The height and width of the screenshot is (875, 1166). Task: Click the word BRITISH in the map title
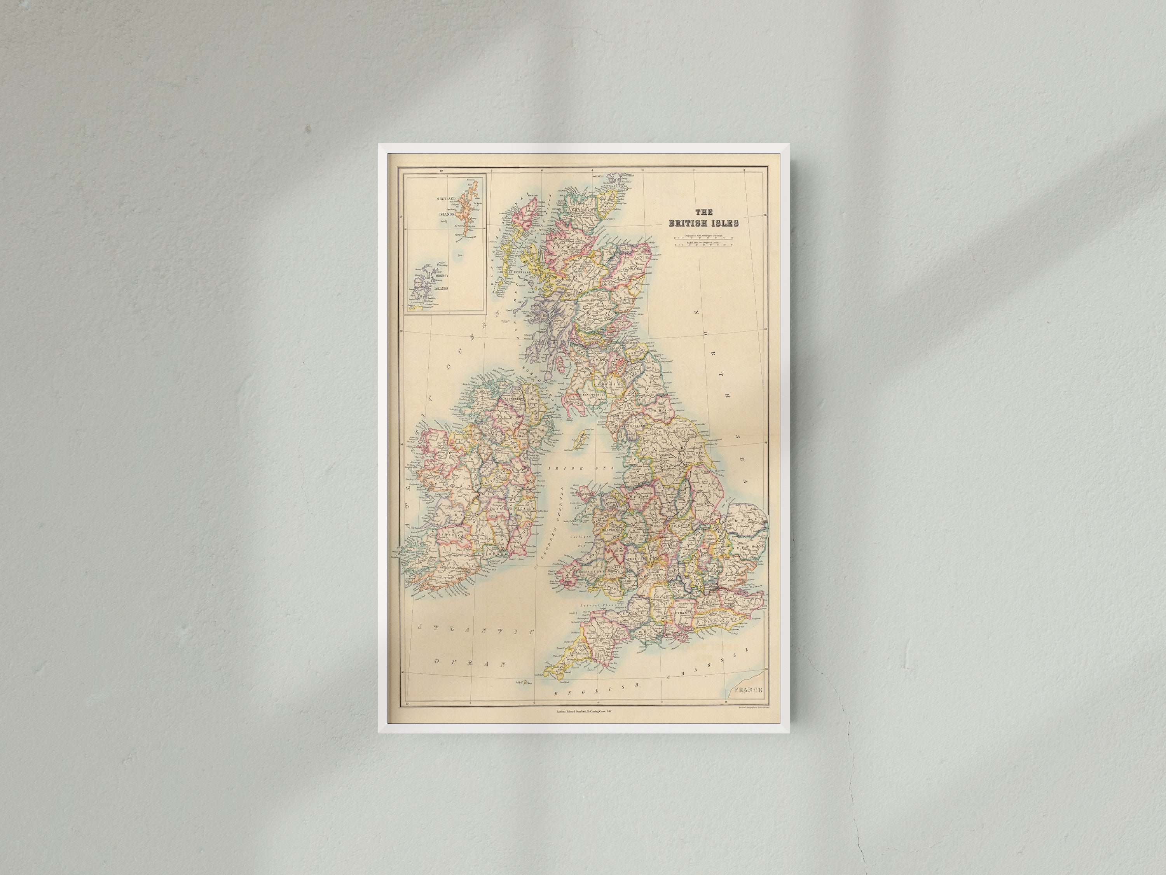tap(687, 223)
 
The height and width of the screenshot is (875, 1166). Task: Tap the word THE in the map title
tap(704, 212)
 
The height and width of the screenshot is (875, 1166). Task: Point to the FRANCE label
tap(747, 690)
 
